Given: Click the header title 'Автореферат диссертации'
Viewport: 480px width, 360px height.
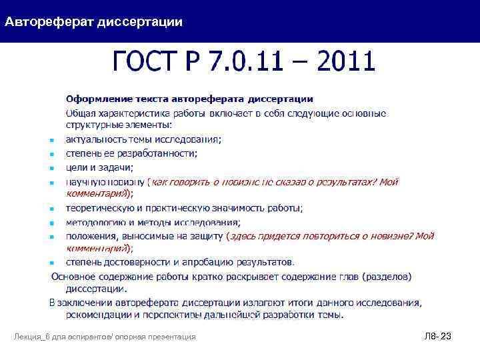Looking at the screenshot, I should (x=93, y=22).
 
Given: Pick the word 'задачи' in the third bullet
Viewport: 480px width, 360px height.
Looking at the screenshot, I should (x=117, y=167).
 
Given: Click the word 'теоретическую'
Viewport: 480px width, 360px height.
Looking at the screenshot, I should (x=97, y=209).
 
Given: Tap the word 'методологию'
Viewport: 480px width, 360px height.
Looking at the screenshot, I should (x=94, y=223).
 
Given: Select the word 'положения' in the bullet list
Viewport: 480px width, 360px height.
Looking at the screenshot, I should (x=89, y=236).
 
